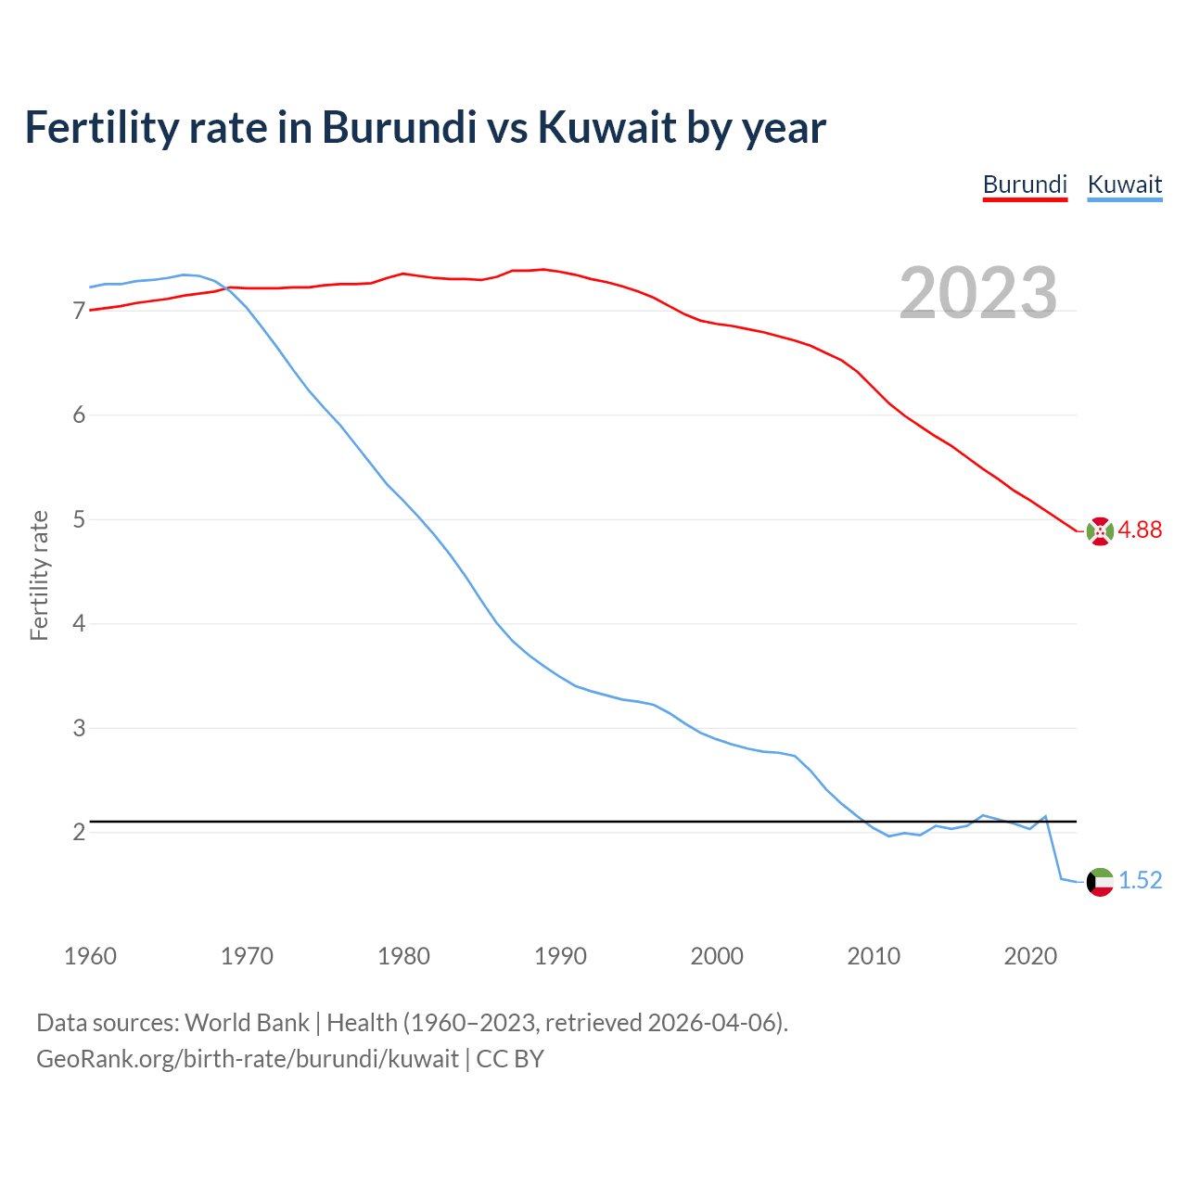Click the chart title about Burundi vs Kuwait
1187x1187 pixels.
pos(425,127)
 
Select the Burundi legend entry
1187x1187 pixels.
pos(1025,185)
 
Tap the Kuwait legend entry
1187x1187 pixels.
pos(1124,185)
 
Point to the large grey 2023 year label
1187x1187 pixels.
pos(978,293)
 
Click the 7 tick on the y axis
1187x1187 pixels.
pos(79,311)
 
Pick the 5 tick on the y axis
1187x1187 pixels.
pos(79,519)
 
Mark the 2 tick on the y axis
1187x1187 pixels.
pos(79,832)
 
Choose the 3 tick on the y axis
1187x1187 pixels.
pos(79,728)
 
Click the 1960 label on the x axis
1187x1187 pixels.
pos(90,956)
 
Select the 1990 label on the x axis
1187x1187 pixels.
pos(560,956)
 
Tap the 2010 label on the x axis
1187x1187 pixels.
pos(874,956)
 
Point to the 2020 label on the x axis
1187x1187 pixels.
pos(1030,956)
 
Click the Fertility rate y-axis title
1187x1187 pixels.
pos(39,575)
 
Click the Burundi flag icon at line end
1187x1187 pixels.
pos(1100,531)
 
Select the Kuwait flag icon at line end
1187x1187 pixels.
pos(1100,882)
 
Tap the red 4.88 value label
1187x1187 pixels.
pos(1140,530)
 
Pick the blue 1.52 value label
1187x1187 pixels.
pos(1140,880)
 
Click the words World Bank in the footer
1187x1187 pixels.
pos(247,1023)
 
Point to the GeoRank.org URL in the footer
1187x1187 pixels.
pos(248,1059)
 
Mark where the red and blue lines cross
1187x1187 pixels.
pos(226,287)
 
